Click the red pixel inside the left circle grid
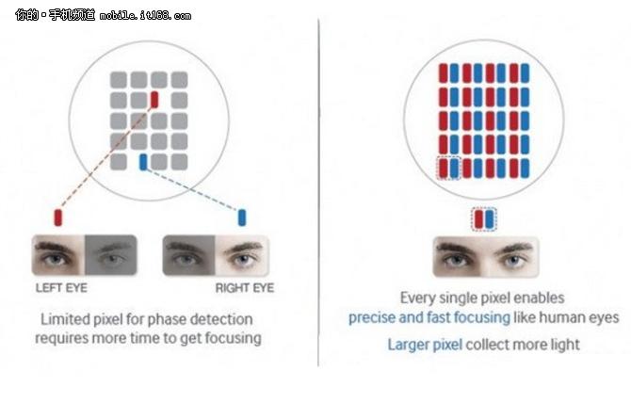154,100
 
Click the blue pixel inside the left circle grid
142,162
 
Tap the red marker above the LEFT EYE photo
58,218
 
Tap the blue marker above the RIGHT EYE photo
242,218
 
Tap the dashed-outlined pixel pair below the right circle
482,219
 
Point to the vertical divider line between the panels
319,188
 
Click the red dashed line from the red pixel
104,161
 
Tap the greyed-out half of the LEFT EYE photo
111,254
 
